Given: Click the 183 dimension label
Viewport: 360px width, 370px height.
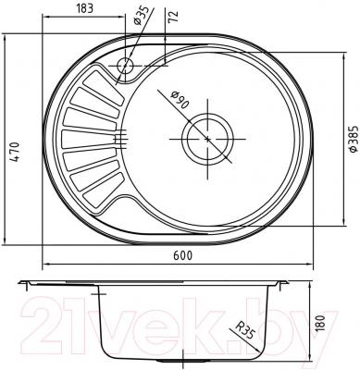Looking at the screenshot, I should click(86, 8).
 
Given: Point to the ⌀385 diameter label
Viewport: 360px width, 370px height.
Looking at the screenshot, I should click(350, 139).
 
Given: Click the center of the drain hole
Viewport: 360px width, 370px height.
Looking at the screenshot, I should click(207, 141).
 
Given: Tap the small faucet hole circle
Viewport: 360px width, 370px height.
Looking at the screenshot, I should click(125, 64).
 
